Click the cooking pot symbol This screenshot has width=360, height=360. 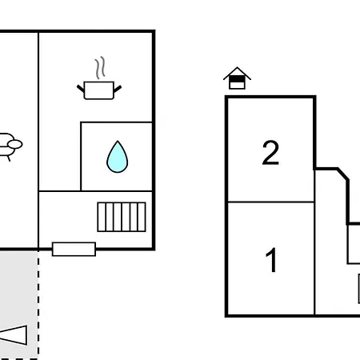pyautogui.click(x=99, y=90)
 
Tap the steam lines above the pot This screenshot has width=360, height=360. pyautogui.click(x=100, y=68)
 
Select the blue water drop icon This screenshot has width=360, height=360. pyautogui.click(x=118, y=157)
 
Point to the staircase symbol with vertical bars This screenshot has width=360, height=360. pyautogui.click(x=122, y=217)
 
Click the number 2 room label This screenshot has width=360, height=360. pyautogui.click(x=270, y=153)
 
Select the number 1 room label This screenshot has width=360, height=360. pyautogui.click(x=271, y=260)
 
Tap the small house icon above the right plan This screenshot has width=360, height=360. pyautogui.click(x=237, y=78)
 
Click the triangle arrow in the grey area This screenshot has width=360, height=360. pyautogui.click(x=14, y=335)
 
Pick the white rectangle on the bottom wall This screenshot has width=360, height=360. pyautogui.click(x=74, y=249)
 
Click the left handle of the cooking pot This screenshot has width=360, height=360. pyautogui.click(x=81, y=89)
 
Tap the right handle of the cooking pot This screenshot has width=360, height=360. pyautogui.click(x=118, y=89)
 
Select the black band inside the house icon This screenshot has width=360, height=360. pyautogui.click(x=237, y=79)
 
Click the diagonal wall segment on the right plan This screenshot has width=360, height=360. pyautogui.click(x=342, y=174)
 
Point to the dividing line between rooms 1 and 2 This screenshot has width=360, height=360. pyautogui.click(x=270, y=202)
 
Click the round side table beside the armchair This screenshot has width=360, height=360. pyautogui.click(x=15, y=144)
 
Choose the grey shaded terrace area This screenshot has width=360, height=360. pyautogui.click(x=18, y=305)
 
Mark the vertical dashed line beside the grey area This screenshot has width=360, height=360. pyautogui.click(x=38, y=305)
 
